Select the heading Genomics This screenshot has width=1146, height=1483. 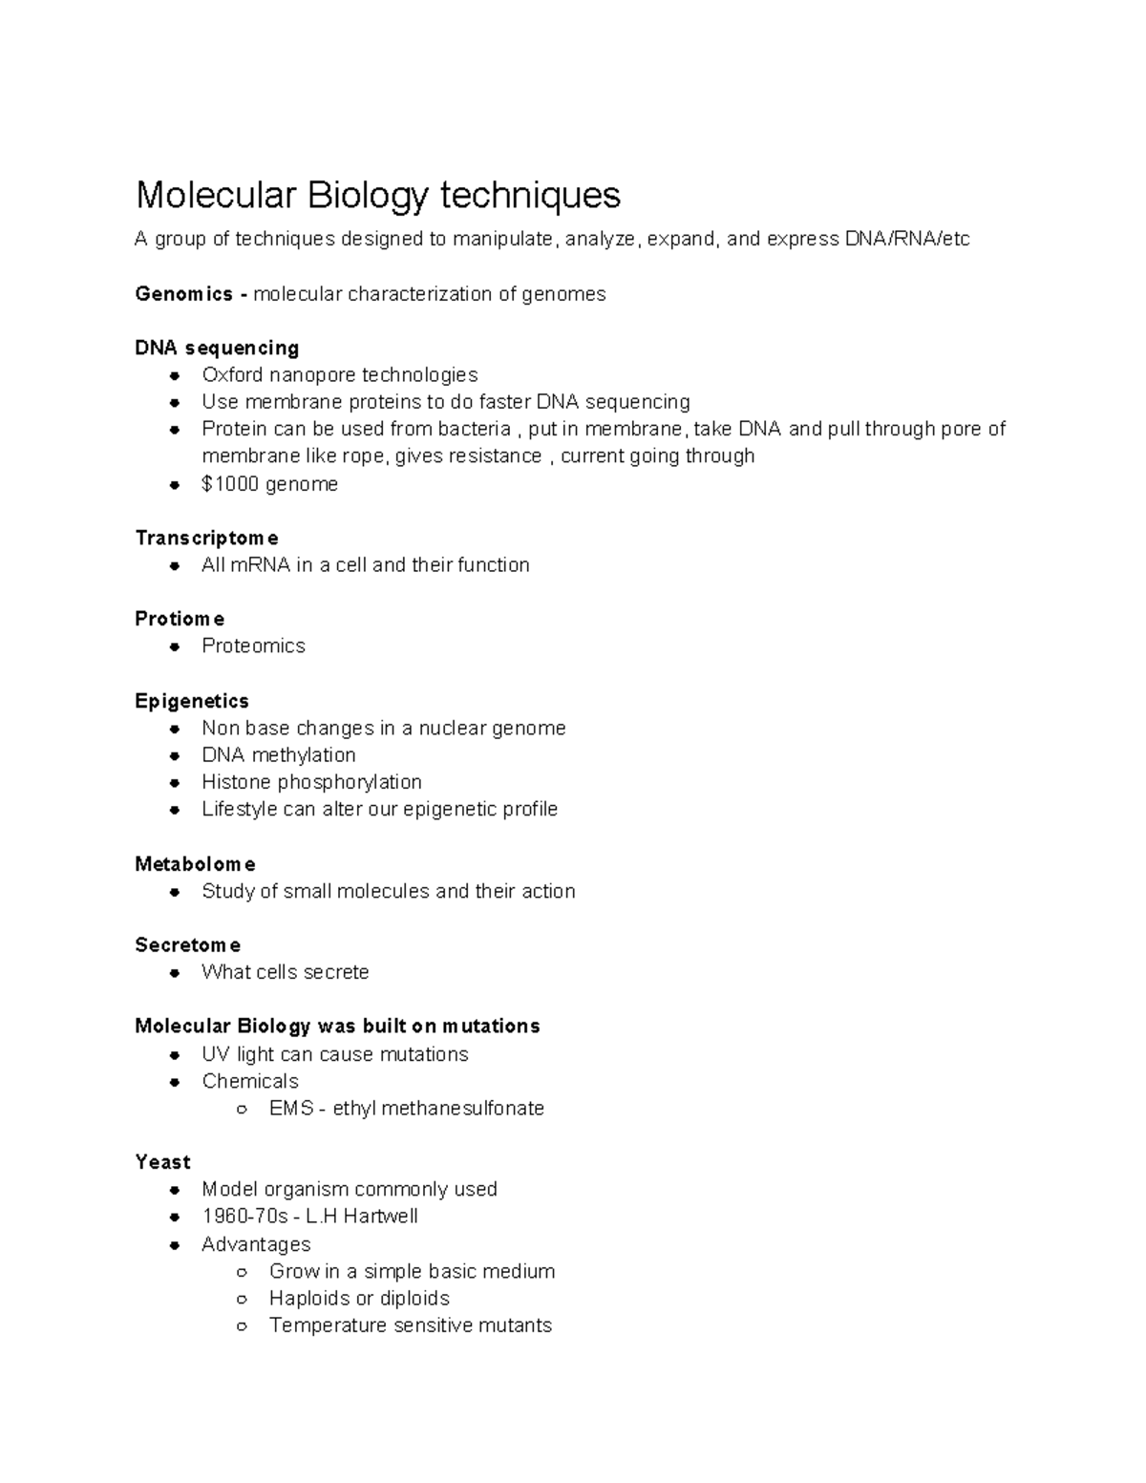point(183,294)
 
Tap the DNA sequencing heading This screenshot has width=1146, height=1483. point(217,348)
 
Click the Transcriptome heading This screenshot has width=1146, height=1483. point(206,538)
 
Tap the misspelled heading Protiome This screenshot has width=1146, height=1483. point(180,619)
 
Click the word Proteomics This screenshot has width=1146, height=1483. point(253,646)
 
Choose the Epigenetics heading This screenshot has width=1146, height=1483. point(191,701)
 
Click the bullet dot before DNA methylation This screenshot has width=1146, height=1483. point(174,755)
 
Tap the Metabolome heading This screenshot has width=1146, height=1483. point(195,864)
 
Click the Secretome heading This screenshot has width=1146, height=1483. point(187,945)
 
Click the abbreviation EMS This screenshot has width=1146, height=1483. point(291,1108)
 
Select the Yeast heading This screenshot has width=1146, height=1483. point(162,1162)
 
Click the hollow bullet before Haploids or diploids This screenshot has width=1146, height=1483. point(243,1299)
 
